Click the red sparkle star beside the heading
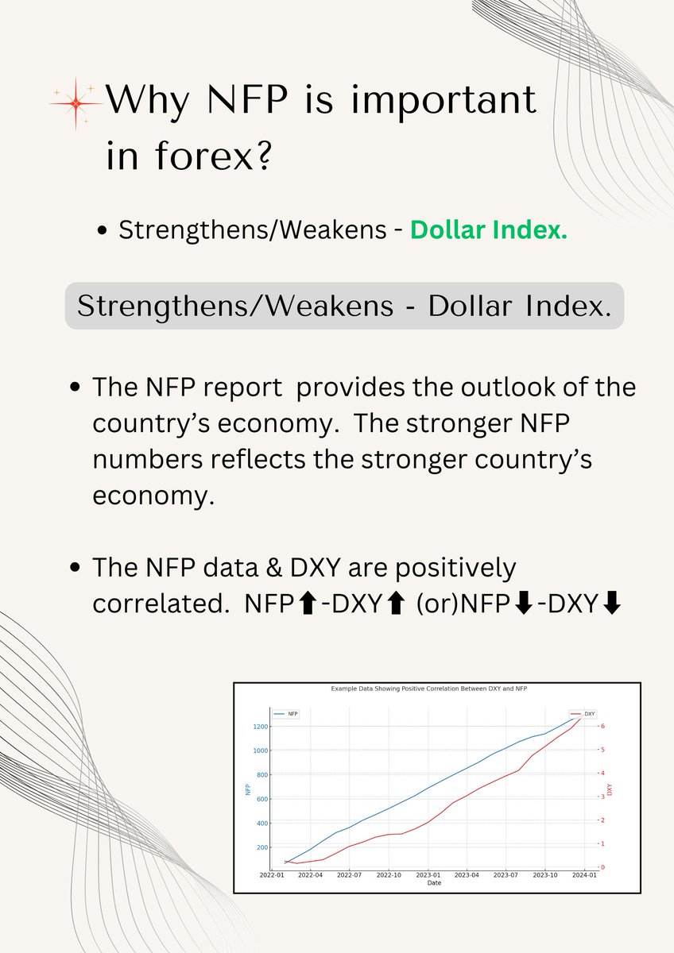(76, 104)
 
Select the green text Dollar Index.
(488, 230)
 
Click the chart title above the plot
(429, 689)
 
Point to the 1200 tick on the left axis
(261, 727)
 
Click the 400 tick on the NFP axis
(262, 823)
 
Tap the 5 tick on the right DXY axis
(603, 749)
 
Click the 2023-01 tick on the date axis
(428, 874)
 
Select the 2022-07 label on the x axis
(350, 874)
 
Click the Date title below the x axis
(435, 882)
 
